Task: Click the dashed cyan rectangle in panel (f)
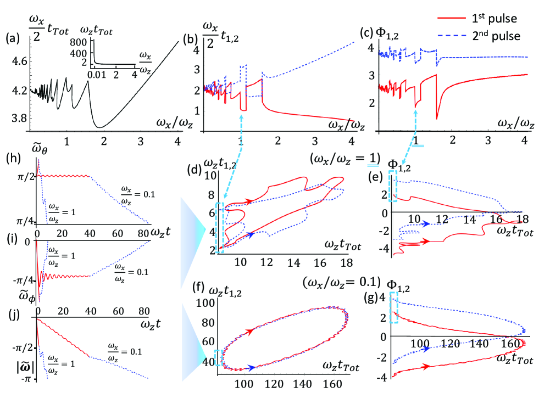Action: (219, 358)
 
